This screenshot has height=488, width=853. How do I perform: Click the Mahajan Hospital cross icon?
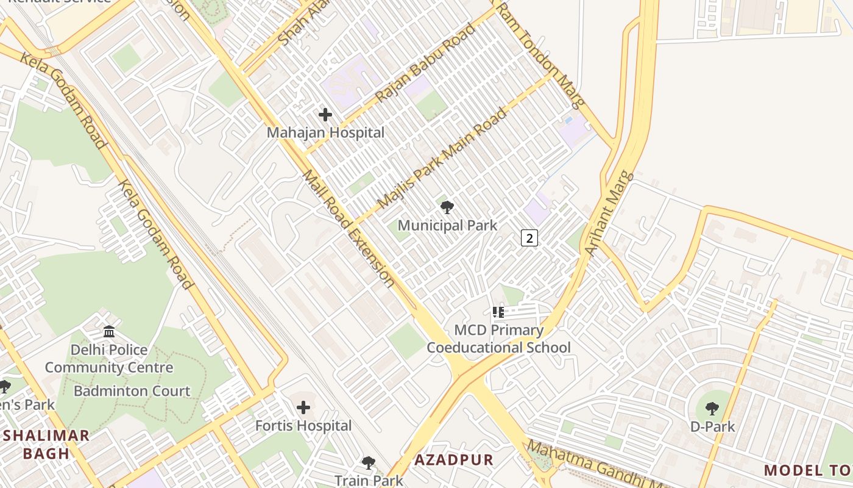pyautogui.click(x=325, y=114)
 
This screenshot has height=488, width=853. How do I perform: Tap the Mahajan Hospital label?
pyautogui.click(x=325, y=132)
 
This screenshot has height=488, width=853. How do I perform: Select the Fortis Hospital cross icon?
pyautogui.click(x=303, y=407)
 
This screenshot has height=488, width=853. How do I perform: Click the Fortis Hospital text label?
pyautogui.click(x=303, y=426)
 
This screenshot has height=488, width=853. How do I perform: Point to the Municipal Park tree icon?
pyautogui.click(x=447, y=207)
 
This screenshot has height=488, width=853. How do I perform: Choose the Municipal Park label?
pyautogui.click(x=447, y=226)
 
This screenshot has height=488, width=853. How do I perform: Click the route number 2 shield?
pyautogui.click(x=529, y=238)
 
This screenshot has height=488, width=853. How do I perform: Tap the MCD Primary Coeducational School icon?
pyautogui.click(x=498, y=312)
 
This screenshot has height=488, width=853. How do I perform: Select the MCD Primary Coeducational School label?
pyautogui.click(x=498, y=339)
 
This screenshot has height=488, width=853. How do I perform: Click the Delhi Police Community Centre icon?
pyautogui.click(x=109, y=331)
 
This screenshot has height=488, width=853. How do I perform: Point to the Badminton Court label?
pyautogui.click(x=132, y=391)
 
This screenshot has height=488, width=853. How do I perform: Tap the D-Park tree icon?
pyautogui.click(x=712, y=408)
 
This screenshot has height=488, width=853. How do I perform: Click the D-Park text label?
pyautogui.click(x=712, y=426)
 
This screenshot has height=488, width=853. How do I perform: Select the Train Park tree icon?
pyautogui.click(x=368, y=463)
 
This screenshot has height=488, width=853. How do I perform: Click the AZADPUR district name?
pyautogui.click(x=454, y=460)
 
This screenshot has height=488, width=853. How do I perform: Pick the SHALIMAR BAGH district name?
pyautogui.click(x=46, y=445)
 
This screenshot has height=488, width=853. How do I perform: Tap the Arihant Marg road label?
pyautogui.click(x=609, y=213)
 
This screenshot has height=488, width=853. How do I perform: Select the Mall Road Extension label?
pyautogui.click(x=348, y=229)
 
